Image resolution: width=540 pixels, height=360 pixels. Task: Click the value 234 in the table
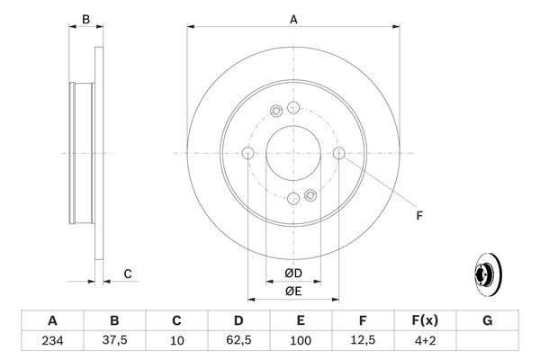(52, 341)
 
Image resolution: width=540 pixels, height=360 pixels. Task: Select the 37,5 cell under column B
(114, 341)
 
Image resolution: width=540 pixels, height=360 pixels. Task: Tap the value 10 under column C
(176, 341)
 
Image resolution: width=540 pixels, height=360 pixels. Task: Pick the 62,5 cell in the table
(238, 341)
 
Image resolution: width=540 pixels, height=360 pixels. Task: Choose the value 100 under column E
(301, 341)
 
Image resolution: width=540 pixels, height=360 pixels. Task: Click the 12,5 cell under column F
(363, 341)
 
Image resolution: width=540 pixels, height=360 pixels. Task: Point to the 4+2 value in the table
(425, 341)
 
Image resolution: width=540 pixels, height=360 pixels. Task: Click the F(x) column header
(425, 320)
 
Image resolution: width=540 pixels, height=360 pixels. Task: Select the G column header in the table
(487, 320)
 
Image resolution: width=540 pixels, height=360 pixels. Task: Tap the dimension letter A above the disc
(293, 18)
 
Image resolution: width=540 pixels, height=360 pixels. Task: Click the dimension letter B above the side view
(85, 18)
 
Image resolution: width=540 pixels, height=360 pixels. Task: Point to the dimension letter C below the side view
(128, 274)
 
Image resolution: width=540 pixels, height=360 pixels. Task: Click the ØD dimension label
(293, 273)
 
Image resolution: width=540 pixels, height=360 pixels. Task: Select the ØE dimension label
(293, 291)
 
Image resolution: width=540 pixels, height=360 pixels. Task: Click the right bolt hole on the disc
(339, 154)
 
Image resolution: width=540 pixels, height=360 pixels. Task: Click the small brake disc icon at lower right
(489, 275)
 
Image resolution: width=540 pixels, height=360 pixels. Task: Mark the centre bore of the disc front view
(293, 154)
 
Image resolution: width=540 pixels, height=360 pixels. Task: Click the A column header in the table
(52, 320)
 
